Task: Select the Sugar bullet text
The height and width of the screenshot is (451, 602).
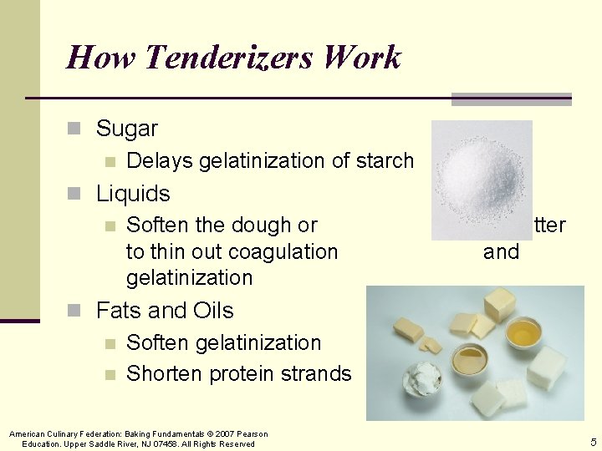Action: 126,129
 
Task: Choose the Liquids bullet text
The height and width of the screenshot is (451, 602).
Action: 133,194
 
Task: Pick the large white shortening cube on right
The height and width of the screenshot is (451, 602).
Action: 547,363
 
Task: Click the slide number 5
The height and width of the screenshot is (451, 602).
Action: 593,442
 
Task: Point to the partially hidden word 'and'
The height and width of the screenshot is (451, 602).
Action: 501,251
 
